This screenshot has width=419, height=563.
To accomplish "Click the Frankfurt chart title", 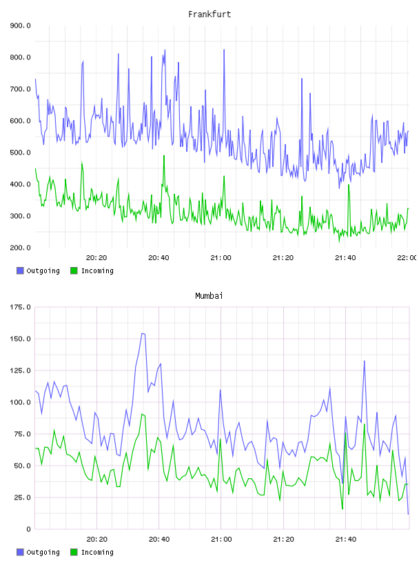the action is (209, 14).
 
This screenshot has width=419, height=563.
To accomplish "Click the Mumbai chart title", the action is (209, 296).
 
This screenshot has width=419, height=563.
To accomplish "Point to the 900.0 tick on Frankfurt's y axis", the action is (20, 26).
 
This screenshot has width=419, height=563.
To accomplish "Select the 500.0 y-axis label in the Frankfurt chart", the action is (20, 152).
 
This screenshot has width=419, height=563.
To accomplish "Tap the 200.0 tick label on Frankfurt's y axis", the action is (20, 248).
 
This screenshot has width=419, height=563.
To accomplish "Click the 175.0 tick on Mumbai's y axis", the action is (20, 307).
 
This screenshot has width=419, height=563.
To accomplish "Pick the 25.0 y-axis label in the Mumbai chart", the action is (22, 497).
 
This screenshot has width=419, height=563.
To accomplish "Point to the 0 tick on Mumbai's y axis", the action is (28, 529).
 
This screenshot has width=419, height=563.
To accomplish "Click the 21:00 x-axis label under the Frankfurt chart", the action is (221, 258).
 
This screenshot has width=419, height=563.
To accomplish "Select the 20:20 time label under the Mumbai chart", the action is (97, 540).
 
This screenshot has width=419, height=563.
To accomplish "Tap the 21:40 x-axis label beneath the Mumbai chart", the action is (346, 540).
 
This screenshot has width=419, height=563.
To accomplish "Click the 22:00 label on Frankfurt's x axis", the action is (407, 258).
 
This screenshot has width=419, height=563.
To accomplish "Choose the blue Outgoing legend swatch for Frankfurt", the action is (20, 270).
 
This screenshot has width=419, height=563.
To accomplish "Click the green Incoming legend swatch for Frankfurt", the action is (74, 270).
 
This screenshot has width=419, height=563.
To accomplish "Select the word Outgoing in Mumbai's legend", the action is (43, 552).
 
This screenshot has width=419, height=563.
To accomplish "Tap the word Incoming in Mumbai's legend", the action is (97, 552).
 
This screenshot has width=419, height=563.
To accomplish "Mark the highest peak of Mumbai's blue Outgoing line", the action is (143, 333).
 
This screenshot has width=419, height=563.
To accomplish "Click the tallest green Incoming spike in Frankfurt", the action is (164, 156).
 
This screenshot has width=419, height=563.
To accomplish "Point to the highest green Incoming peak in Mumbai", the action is (143, 414).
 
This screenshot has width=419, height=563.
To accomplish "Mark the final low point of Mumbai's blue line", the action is (408, 514).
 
